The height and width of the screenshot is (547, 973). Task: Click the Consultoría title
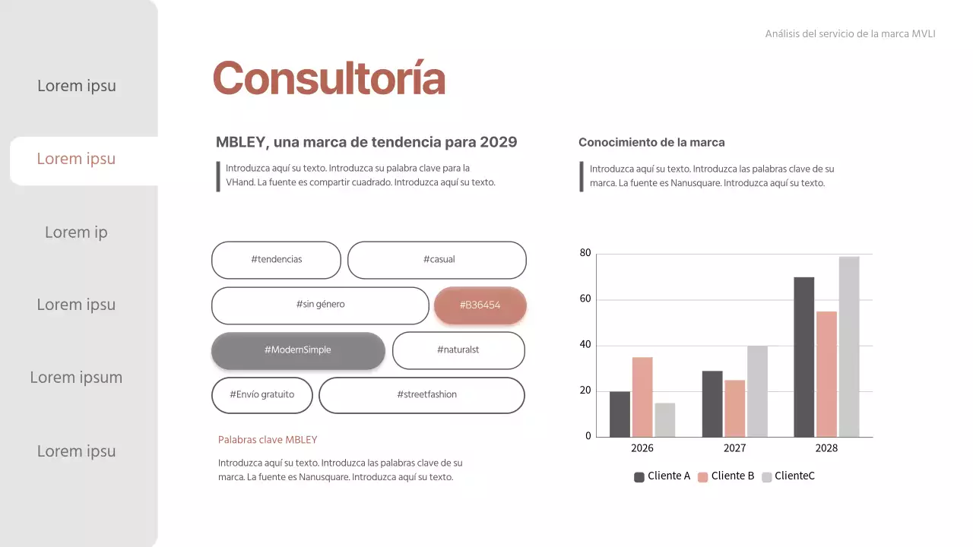coord(328,78)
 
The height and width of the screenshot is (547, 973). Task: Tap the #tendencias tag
coord(276,260)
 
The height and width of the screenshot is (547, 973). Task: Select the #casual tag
coord(437,260)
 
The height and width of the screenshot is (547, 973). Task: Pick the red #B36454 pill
coord(480,305)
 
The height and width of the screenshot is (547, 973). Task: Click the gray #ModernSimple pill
coord(298,350)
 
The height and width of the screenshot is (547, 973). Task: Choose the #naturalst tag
coord(458,350)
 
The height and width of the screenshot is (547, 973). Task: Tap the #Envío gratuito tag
coord(261,395)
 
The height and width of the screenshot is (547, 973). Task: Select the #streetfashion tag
coord(422,395)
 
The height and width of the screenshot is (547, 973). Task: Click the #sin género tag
coord(320,305)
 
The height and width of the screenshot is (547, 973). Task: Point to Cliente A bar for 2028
coord(803,357)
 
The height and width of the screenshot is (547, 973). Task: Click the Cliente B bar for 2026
coord(642,397)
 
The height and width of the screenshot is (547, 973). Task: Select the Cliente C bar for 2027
coord(757,391)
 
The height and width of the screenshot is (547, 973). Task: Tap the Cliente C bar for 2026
coord(665,419)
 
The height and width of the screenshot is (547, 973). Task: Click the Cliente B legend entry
coord(726,476)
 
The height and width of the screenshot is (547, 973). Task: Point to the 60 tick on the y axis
coord(585,299)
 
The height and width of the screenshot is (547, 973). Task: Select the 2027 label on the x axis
coord(734,448)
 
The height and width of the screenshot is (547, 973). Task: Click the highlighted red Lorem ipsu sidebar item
coord(76,159)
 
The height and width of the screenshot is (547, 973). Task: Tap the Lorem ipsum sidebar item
coord(76,378)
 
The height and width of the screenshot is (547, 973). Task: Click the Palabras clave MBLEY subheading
coord(268,440)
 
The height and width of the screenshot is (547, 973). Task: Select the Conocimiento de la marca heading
coord(651,142)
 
